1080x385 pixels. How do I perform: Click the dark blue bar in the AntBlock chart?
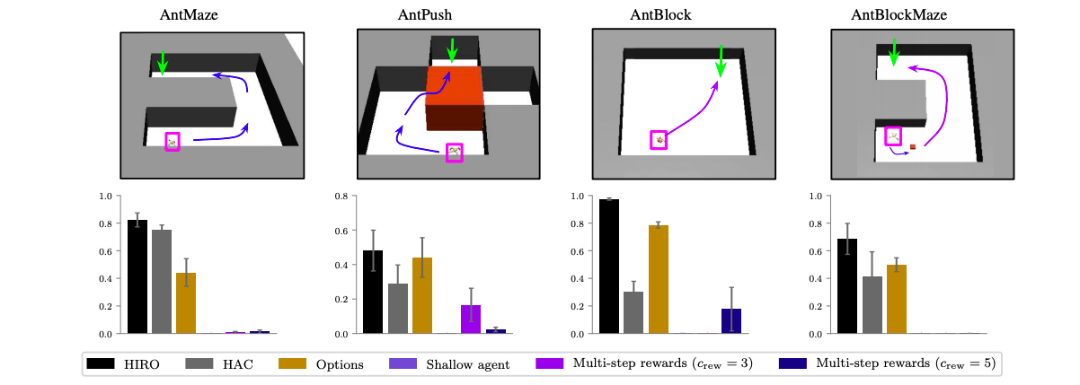[730, 320]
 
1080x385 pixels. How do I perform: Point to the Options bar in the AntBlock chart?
[658, 279]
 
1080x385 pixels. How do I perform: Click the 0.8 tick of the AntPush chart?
[341, 196]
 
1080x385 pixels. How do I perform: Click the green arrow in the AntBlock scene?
[721, 61]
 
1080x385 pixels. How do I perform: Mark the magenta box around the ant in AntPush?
[456, 153]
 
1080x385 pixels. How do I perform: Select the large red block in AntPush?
[455, 94]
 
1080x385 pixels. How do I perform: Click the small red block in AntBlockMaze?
[913, 146]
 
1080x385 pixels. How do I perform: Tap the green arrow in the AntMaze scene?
[163, 62]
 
